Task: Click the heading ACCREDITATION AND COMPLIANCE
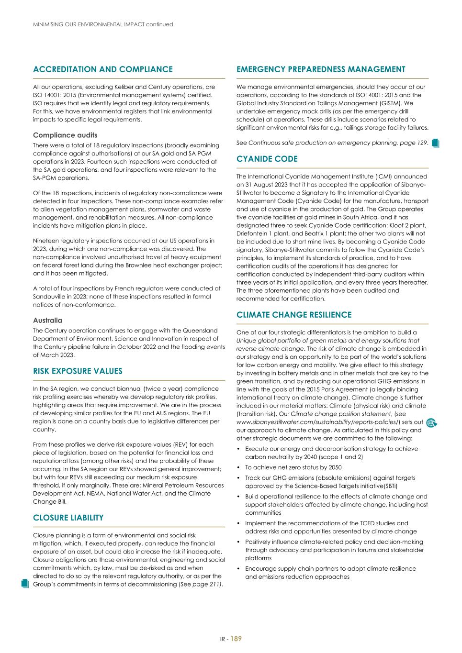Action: [102, 69]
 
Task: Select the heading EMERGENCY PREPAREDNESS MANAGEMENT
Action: [320, 69]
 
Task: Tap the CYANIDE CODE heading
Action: [267, 159]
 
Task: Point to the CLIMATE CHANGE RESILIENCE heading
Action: [293, 315]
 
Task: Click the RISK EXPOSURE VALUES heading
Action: [78, 371]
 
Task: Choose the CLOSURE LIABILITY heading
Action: [68, 518]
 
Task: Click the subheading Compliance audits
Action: [65, 135]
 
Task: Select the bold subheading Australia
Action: [47, 321]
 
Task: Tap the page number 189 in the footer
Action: [236, 639]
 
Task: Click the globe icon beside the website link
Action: [431, 422]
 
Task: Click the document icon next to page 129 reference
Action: [435, 143]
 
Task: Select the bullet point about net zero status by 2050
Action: [293, 467]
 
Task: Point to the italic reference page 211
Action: [206, 584]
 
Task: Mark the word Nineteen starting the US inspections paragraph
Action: [45, 241]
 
